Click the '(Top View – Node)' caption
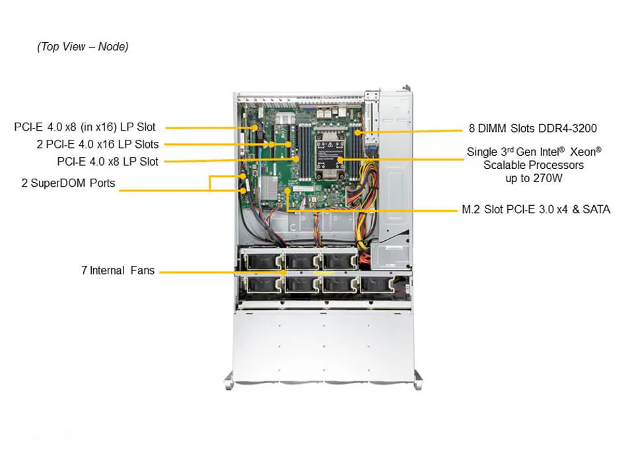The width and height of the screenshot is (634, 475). pos(83,46)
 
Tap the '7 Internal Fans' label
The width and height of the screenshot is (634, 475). pos(118,270)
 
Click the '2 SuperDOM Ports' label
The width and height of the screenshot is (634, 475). pos(68,183)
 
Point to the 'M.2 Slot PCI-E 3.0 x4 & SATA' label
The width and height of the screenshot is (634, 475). pos(536,210)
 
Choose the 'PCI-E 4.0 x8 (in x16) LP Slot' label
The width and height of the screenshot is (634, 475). pos(85,127)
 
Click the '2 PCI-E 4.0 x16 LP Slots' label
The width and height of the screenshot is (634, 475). pos(98,144)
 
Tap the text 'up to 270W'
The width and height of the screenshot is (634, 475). pos(534,178)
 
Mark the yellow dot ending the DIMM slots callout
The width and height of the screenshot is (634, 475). pos(357,132)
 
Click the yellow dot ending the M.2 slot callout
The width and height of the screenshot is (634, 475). pos(287,190)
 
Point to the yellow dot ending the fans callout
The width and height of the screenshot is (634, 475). pos(284,271)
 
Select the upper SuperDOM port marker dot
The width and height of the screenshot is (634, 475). pos(244,176)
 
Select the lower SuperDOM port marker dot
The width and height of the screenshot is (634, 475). pos(244,191)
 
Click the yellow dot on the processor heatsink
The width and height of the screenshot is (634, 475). pos(339,160)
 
